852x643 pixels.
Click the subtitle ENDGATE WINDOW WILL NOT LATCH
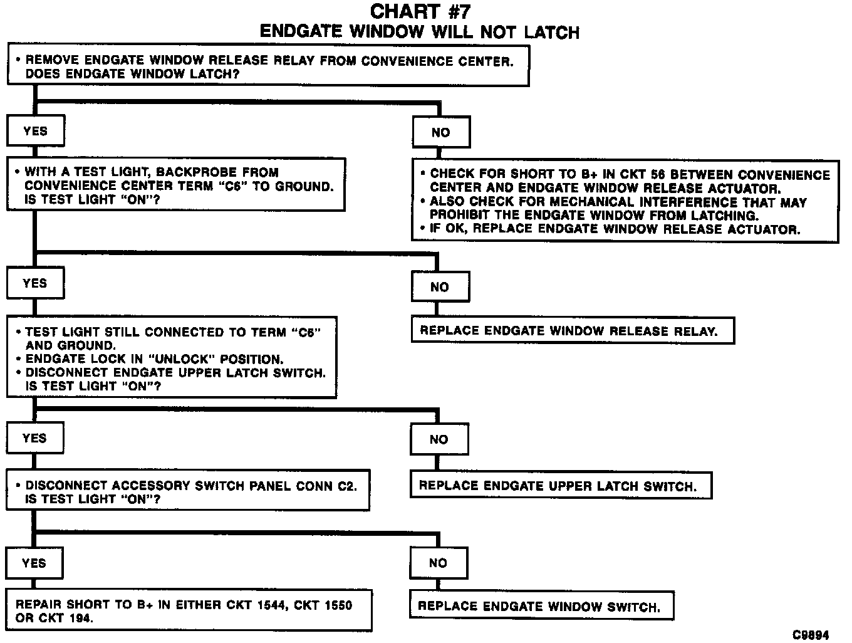tap(419, 32)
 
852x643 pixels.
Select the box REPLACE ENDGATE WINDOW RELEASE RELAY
tap(572, 331)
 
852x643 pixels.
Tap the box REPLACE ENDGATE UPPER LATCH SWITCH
tap(561, 486)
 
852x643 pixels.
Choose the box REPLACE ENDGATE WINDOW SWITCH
tap(542, 606)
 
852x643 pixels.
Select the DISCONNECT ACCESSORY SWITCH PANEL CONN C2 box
tap(188, 491)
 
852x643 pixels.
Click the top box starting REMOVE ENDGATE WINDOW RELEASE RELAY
tap(268, 66)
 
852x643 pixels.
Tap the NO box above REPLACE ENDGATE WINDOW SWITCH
tap(439, 563)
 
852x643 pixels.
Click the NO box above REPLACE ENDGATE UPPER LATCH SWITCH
tap(439, 439)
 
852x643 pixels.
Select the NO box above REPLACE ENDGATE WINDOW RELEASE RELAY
tap(440, 287)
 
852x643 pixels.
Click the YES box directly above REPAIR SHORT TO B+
tap(34, 563)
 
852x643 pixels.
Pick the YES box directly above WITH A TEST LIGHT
tap(35, 131)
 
